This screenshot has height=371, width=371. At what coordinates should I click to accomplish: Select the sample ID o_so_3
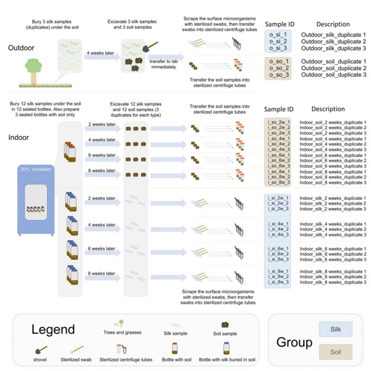click(276, 75)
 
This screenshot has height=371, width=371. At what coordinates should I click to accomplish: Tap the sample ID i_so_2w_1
click(276, 123)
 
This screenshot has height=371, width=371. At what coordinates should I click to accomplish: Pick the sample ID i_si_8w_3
click(276, 281)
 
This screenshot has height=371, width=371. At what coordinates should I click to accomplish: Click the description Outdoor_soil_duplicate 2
click(334, 68)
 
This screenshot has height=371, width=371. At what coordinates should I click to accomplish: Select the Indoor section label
click(20, 138)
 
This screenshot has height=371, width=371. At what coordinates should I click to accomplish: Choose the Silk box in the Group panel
click(335, 330)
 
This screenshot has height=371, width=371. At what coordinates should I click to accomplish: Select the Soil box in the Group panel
click(335, 352)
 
